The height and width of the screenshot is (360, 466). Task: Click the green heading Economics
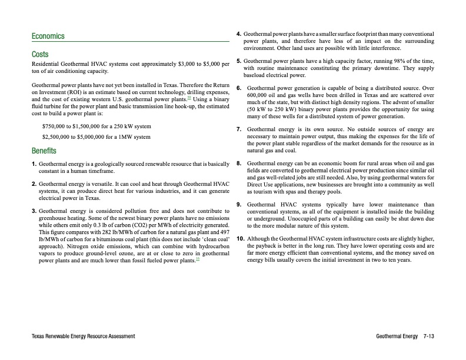tap(48, 36)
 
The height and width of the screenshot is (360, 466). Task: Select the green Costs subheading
tap(40, 54)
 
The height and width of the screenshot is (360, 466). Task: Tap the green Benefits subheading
tap(44, 149)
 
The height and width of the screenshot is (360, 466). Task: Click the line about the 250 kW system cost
tap(96, 126)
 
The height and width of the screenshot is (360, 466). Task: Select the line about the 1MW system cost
tap(96, 137)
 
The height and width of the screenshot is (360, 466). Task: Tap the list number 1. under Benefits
tap(34, 163)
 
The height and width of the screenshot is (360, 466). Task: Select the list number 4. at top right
tap(238, 35)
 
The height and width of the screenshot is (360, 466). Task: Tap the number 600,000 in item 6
tap(259, 95)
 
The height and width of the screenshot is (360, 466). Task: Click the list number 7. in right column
tap(238, 129)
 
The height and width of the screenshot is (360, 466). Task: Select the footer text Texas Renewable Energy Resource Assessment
tap(84, 336)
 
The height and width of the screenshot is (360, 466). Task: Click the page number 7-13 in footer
tap(428, 336)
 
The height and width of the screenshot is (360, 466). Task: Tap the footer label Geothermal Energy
tap(397, 336)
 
